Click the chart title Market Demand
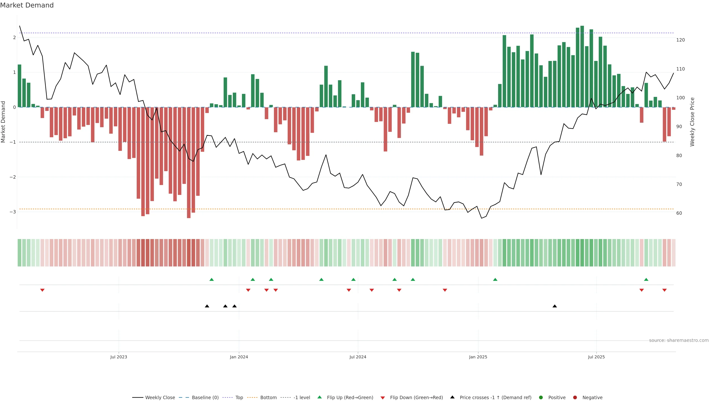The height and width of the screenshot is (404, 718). [x=27, y=5]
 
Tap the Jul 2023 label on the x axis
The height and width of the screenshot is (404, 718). [x=119, y=357]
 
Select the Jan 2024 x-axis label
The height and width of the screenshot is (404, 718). [x=239, y=357]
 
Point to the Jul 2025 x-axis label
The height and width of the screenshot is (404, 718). [x=596, y=357]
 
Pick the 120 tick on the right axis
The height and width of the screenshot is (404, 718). [x=680, y=40]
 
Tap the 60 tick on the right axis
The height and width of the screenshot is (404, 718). [x=679, y=213]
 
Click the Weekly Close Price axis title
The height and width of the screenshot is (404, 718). [x=692, y=122]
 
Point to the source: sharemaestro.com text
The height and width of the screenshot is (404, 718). [x=679, y=340]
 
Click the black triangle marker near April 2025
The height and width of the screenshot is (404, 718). [x=555, y=306]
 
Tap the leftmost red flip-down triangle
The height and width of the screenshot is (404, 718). [x=42, y=290]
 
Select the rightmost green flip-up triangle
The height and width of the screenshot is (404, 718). [x=646, y=280]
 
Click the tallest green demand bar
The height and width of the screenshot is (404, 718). [x=582, y=66]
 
